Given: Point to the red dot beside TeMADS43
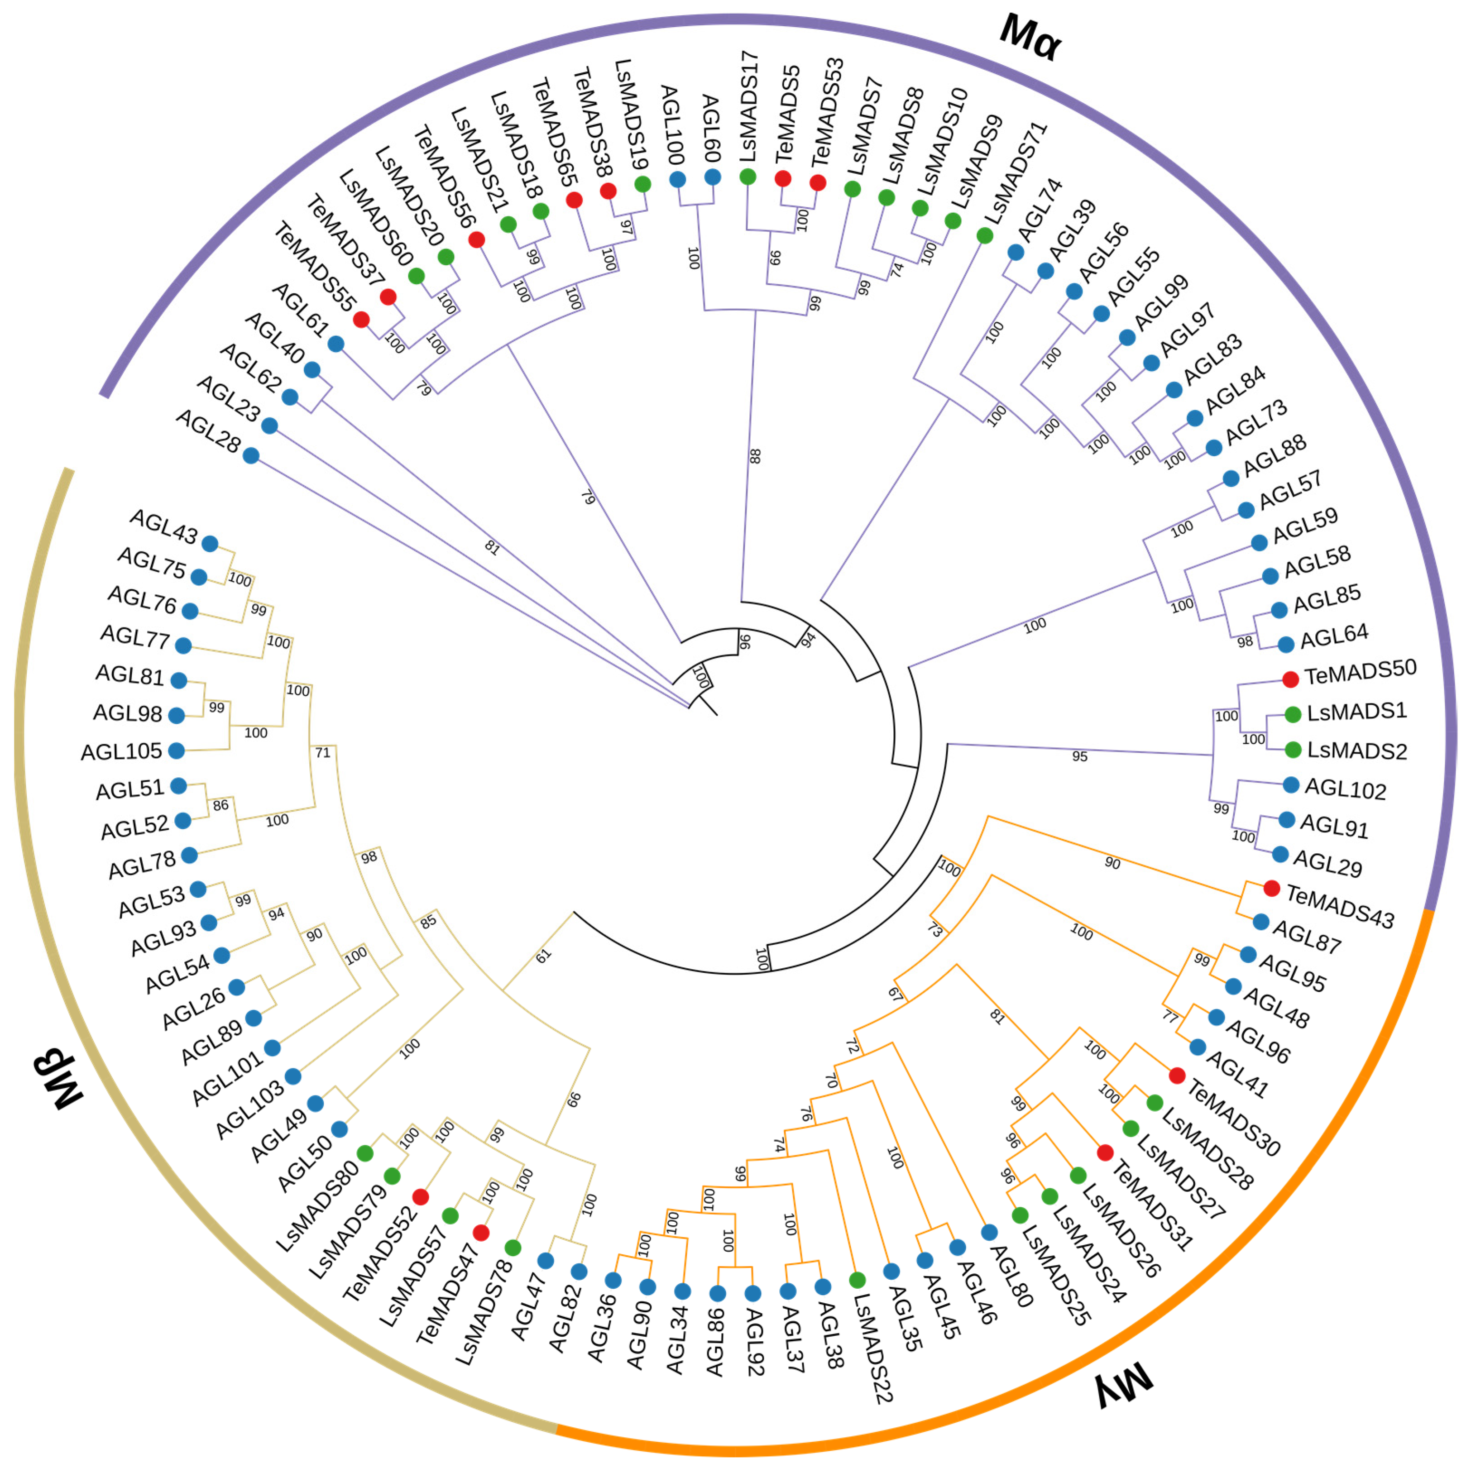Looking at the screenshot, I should (x=1271, y=888).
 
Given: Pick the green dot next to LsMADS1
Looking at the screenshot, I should (x=1293, y=714).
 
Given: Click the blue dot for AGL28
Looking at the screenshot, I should (x=251, y=455).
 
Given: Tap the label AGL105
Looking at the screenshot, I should (x=122, y=751).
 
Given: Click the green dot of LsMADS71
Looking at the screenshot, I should (x=984, y=235).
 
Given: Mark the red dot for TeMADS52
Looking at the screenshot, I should (x=420, y=1197).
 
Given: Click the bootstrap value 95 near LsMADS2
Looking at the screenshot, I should (x=1080, y=756).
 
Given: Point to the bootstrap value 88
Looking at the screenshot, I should (x=755, y=455).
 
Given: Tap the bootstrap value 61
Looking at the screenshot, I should (x=543, y=956).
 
